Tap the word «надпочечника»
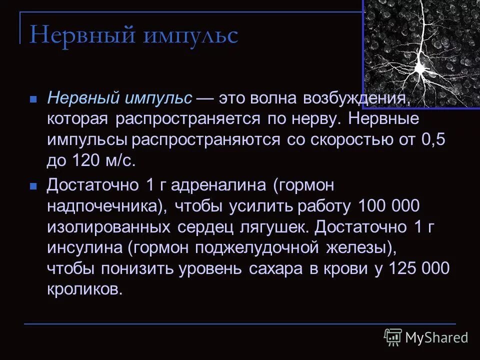(104, 206)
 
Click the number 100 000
(389, 206)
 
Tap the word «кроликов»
(84, 290)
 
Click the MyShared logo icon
(393, 337)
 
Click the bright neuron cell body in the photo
(420, 68)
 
